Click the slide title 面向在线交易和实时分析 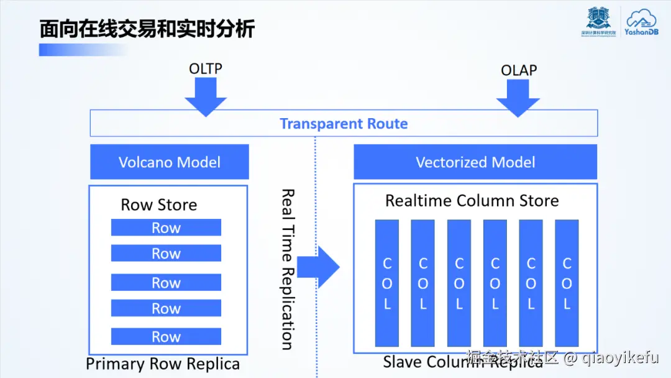(147, 29)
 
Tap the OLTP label (206, 68)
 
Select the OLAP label (519, 70)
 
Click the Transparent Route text (344, 124)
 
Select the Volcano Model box (170, 162)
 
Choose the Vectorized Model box (475, 162)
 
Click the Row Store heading (159, 205)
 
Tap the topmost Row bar (166, 228)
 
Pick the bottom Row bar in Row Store (166, 337)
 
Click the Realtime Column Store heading (472, 201)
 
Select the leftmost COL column (387, 283)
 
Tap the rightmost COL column (567, 283)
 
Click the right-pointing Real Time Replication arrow (318, 267)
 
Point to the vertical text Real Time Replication (286, 269)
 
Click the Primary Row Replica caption (163, 364)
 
